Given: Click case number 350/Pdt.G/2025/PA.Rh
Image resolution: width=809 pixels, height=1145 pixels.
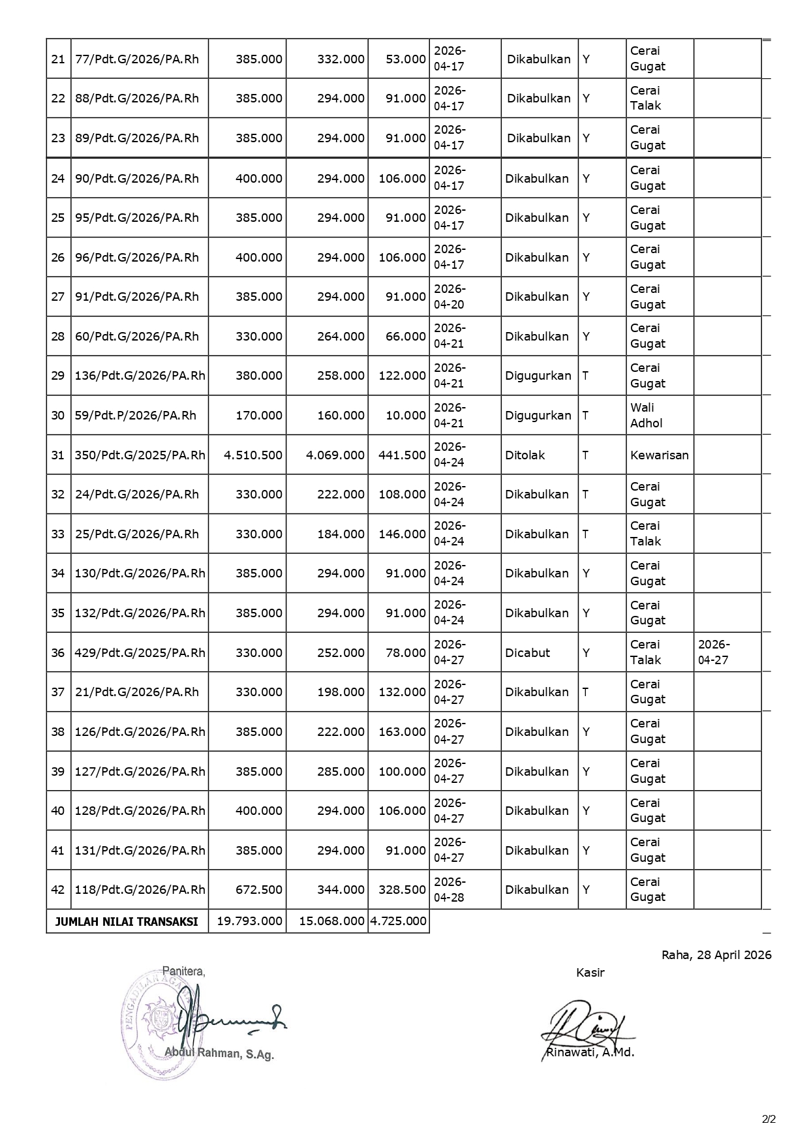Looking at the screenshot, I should point(140,455).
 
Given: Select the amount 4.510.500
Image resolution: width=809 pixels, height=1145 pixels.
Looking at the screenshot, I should point(253,455).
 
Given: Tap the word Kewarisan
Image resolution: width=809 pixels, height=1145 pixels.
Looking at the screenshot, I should point(659,455).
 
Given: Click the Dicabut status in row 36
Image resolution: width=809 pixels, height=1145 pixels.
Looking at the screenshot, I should point(527,652).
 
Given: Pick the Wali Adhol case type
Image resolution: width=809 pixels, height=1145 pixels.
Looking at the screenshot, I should point(646,415).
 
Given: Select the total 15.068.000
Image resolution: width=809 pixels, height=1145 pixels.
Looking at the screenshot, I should point(332,921).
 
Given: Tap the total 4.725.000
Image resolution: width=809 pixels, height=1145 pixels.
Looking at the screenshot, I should point(399,921).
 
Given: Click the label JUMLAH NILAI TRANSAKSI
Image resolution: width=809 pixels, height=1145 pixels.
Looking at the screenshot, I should point(127,922).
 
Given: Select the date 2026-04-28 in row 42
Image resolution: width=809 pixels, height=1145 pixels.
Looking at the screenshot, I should point(450,889).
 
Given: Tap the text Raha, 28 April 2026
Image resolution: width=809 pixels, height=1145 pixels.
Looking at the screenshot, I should point(716,955).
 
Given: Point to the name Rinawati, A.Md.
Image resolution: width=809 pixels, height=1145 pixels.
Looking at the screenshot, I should point(590,1052).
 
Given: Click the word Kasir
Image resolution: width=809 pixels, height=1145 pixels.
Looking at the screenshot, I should point(590,973).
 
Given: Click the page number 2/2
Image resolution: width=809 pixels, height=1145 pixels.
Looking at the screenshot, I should point(769,1120).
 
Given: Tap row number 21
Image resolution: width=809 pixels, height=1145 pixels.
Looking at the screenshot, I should point(58,59).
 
